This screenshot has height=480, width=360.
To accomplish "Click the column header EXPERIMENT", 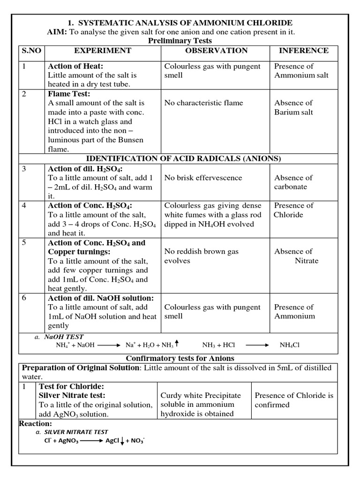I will click(102, 51).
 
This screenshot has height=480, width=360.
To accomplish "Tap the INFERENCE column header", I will click(304, 51).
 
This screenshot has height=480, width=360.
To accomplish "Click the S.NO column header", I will click(30, 51).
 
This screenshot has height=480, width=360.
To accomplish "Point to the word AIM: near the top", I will click(57, 32).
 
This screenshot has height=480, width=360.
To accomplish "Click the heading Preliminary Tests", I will click(180, 41).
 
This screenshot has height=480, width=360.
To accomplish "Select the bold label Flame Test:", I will click(68, 94).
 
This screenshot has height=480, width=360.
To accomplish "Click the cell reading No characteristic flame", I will click(206, 103).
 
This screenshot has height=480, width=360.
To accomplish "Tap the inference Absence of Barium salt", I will click(293, 107).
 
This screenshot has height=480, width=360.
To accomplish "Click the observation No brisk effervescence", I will click(203, 178).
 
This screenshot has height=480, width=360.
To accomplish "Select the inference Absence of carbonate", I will click(293, 182).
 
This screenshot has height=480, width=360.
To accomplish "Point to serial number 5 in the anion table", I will click(25, 243).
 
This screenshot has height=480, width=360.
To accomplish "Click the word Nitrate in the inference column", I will click(306, 261).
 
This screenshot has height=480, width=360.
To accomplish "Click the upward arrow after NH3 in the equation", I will click(177, 345).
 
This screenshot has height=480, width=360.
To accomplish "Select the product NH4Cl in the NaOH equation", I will click(289, 345).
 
